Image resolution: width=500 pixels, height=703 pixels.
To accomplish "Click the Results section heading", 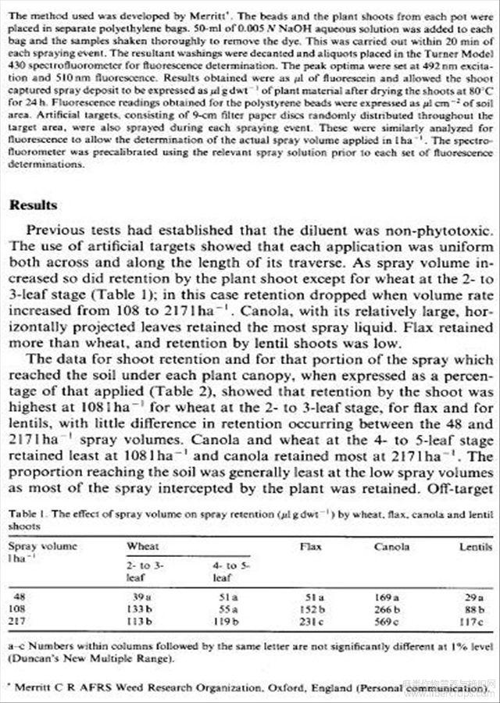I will (x=33, y=205).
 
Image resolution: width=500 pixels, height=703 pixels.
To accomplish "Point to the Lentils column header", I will (x=476, y=547).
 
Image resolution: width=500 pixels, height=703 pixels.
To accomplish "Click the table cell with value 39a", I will (x=141, y=597).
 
